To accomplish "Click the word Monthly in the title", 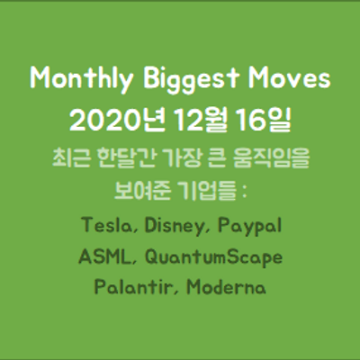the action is [81, 79].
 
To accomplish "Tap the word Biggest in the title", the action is [191, 79].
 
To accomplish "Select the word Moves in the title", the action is [290, 78].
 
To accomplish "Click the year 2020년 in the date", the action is [117, 120].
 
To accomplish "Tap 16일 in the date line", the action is [264, 120].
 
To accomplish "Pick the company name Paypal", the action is [249, 227].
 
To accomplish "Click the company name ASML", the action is [103, 256].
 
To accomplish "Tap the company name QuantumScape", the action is [213, 258].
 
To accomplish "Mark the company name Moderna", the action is [226, 286].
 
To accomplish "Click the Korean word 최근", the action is [71, 157].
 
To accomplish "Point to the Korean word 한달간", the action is [127, 157].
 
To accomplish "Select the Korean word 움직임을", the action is [271, 157].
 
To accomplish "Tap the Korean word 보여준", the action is [143, 191].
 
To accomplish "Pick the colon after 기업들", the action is [244, 192].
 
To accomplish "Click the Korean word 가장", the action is [181, 157].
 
